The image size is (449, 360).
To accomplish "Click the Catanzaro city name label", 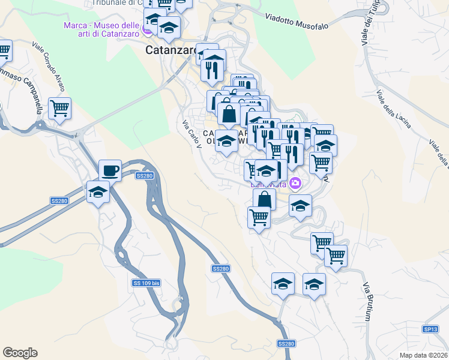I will pos(171,50).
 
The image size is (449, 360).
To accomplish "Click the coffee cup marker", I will pos(110,170).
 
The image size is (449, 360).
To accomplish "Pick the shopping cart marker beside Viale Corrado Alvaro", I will pos(60,109).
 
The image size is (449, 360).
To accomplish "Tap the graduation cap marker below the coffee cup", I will pos(98,192).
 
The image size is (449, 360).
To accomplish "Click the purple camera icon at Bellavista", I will pos(295,183).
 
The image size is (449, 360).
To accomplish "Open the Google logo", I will pos(20,352).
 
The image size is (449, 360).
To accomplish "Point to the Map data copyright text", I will pos(424,355).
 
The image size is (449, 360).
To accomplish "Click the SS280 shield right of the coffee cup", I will pos(145,176).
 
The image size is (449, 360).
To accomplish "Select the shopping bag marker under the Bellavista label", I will pos(264,199).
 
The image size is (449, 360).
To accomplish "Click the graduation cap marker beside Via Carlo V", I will pos(226,142).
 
